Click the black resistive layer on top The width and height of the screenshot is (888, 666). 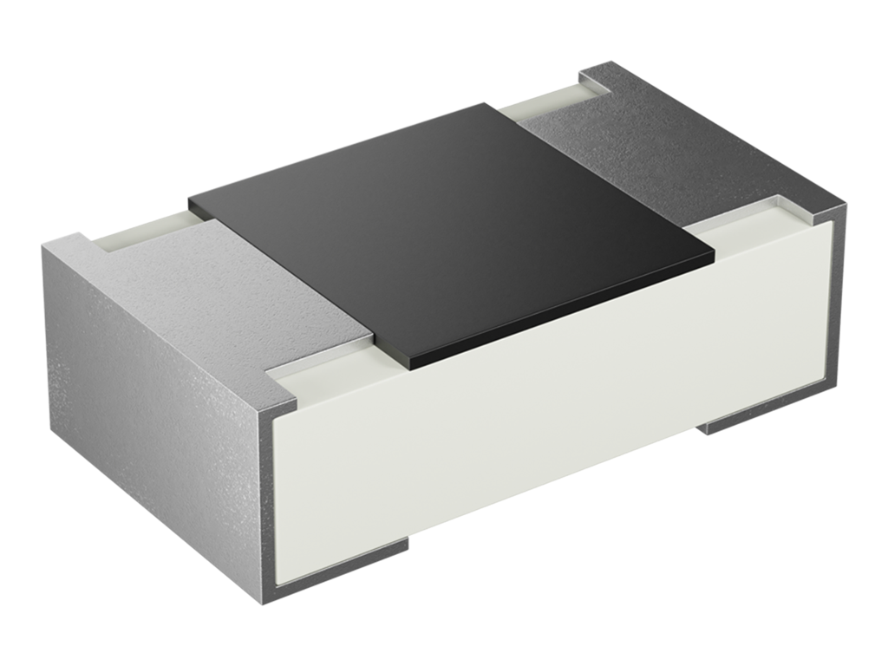tap(451, 230)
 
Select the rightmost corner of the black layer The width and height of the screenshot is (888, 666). tap(714, 257)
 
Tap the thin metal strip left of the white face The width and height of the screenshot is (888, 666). tap(268, 503)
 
